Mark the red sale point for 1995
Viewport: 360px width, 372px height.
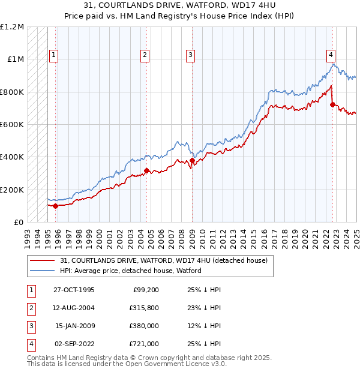56,206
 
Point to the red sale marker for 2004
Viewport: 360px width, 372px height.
146,171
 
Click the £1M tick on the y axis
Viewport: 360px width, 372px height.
16,59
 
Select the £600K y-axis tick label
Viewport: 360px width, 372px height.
12,125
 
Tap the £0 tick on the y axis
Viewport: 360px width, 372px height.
19,223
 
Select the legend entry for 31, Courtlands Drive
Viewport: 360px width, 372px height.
167,260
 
